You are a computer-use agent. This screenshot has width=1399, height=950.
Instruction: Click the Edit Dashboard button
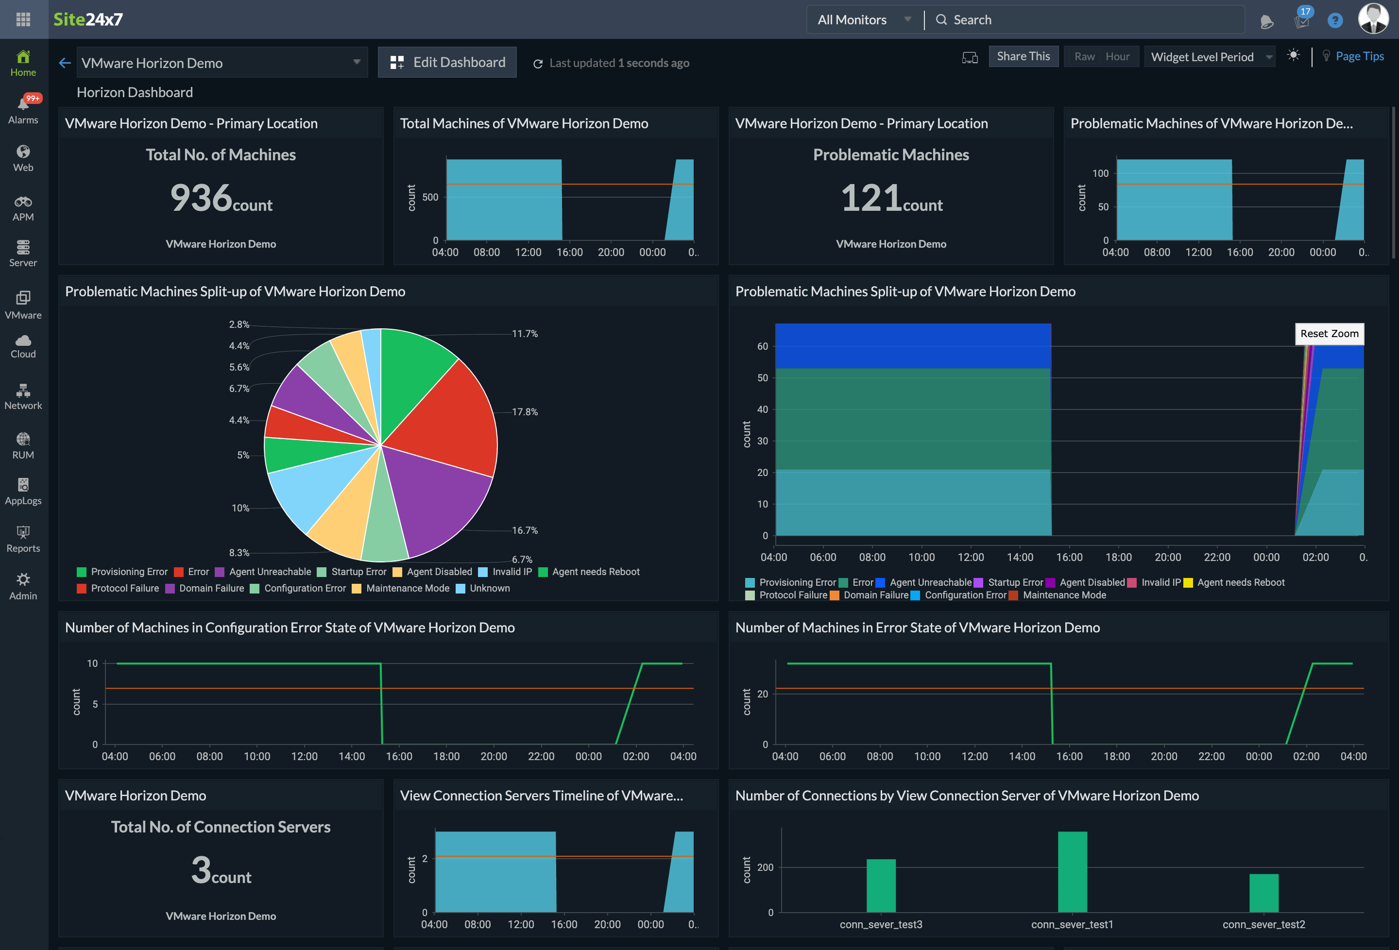[447, 63]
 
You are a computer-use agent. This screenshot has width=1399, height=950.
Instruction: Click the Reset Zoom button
[1329, 334]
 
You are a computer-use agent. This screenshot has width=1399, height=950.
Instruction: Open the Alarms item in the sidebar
[23, 110]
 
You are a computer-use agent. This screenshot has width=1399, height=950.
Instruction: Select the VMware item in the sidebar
[23, 305]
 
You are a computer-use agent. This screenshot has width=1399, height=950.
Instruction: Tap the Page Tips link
[1359, 57]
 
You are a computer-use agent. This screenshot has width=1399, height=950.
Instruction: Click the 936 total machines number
[201, 198]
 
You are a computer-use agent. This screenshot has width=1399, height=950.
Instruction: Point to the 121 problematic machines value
[870, 198]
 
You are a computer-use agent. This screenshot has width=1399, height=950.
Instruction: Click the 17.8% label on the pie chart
[524, 412]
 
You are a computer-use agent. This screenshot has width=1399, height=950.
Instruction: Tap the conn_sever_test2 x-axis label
[1263, 924]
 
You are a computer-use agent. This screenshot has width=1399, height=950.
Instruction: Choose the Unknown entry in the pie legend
[489, 588]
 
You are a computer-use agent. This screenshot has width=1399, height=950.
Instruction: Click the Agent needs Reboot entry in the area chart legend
[1240, 582]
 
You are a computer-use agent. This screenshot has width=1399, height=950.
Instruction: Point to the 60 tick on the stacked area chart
[762, 346]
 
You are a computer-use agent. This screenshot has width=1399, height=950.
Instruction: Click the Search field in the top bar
[1084, 20]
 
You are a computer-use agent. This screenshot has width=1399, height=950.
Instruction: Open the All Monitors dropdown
[863, 20]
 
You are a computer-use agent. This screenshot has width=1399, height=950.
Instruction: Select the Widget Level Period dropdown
[1210, 57]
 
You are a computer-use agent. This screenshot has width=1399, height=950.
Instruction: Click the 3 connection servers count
[201, 870]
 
